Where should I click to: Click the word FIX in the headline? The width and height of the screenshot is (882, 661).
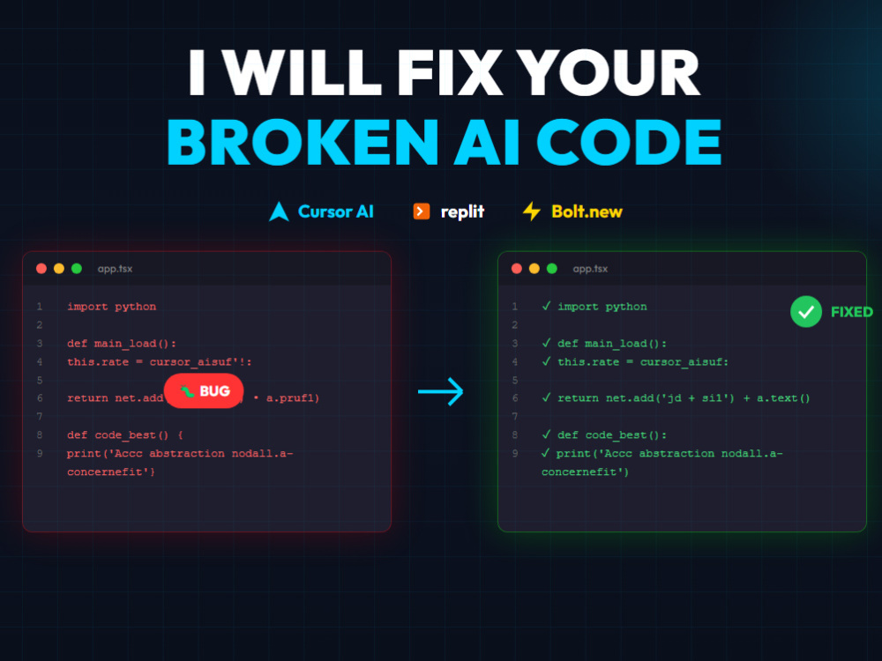[x=450, y=72]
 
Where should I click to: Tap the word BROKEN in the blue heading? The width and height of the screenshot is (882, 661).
[x=302, y=142]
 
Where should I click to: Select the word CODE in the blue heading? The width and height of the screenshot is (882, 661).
[x=629, y=142]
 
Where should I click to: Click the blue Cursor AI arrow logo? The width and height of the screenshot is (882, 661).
[x=279, y=212]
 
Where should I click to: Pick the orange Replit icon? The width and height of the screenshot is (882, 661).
[x=422, y=212]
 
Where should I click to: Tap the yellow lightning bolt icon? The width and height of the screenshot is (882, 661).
[x=532, y=212]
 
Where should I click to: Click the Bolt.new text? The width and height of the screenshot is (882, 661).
[x=587, y=212]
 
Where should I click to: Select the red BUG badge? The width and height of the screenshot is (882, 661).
[x=204, y=390]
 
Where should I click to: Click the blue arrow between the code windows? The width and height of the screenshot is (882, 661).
[x=440, y=391]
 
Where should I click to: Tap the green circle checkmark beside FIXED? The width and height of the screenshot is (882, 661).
[x=806, y=311]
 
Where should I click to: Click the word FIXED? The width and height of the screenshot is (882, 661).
[x=852, y=312]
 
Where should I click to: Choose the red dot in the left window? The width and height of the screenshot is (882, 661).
[x=41, y=269]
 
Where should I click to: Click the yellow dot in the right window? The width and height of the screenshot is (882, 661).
[x=534, y=269]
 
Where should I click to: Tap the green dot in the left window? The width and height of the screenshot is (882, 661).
[x=77, y=269]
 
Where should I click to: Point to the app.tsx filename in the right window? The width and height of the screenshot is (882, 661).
[x=590, y=269]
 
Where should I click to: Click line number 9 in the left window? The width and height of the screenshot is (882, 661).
[x=40, y=453]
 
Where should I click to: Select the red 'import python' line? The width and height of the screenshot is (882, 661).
[x=111, y=307]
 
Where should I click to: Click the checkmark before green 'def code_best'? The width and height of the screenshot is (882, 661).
[x=546, y=434]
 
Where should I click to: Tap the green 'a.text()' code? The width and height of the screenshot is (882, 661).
[x=783, y=398]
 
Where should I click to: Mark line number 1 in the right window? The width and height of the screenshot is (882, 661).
[x=515, y=307]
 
